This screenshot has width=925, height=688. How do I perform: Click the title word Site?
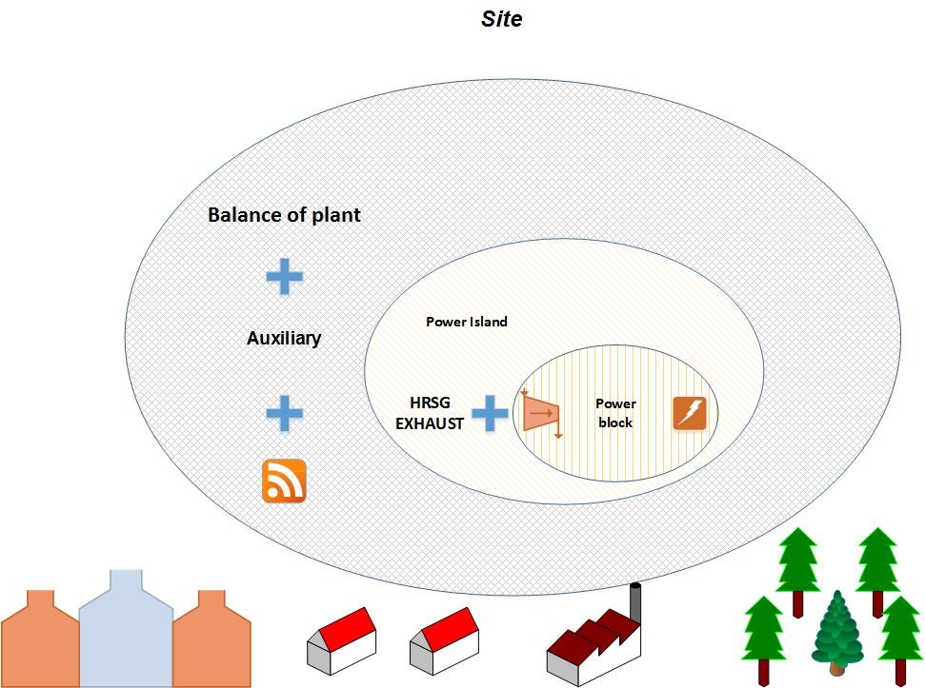click(x=501, y=18)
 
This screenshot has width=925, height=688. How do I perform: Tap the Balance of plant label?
click(x=284, y=215)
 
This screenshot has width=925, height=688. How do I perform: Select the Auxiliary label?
click(x=284, y=338)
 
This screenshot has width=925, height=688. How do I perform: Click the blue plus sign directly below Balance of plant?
click(x=284, y=276)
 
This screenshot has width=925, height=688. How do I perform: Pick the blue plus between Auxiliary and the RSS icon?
click(x=284, y=413)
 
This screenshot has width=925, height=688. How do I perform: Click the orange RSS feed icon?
click(x=284, y=482)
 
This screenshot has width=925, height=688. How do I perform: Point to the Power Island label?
click(x=467, y=322)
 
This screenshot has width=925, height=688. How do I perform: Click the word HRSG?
click(x=430, y=403)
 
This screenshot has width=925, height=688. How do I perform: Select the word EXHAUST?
click(x=430, y=423)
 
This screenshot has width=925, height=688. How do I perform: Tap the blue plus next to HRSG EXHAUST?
click(x=490, y=414)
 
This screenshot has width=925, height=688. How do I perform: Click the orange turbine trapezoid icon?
click(x=540, y=414)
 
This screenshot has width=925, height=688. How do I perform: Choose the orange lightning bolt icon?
click(x=691, y=414)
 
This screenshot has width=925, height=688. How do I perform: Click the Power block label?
click(x=615, y=413)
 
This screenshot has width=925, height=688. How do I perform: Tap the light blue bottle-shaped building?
click(x=126, y=628)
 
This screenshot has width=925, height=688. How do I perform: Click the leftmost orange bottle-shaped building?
click(x=39, y=639)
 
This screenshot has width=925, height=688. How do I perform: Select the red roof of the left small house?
click(x=350, y=628)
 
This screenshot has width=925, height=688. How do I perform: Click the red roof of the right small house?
click(x=452, y=628)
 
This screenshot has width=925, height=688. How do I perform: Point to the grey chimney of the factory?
click(x=636, y=603)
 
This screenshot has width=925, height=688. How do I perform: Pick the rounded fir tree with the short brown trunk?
click(x=837, y=633)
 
